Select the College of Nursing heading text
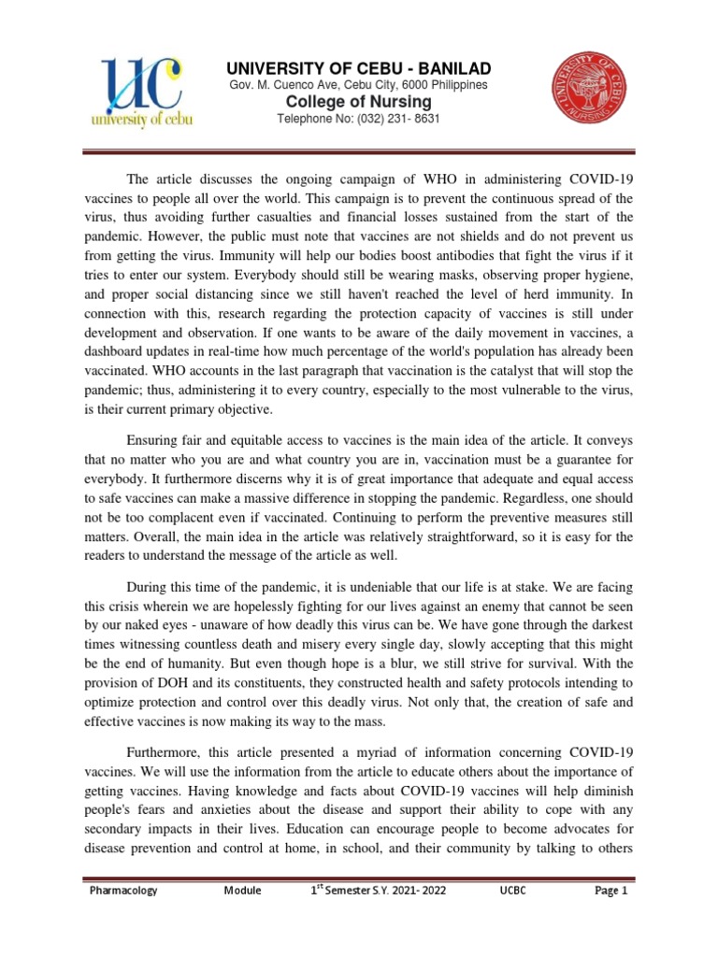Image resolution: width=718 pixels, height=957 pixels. pyautogui.click(x=359, y=102)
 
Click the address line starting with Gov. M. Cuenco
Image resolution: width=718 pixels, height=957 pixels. pyautogui.click(x=359, y=85)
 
